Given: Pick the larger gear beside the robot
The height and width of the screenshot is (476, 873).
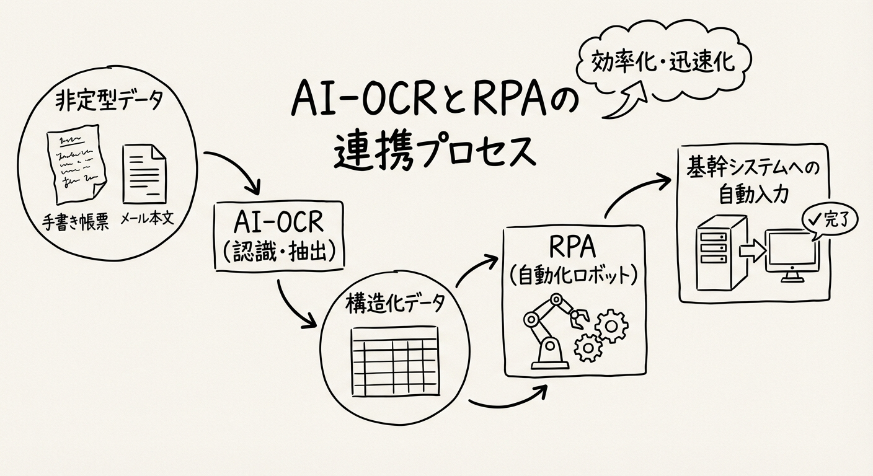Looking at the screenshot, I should click(611, 323).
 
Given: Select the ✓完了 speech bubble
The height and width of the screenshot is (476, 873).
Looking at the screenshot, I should click(826, 220).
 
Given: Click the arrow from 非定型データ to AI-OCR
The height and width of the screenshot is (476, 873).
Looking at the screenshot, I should click(236, 170).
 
